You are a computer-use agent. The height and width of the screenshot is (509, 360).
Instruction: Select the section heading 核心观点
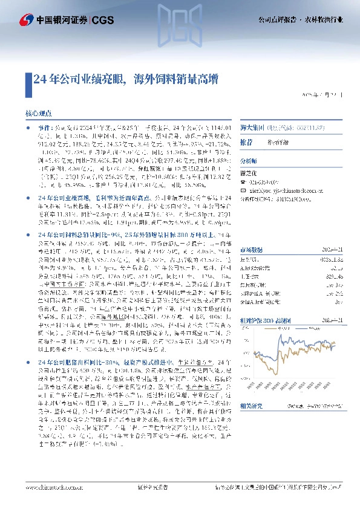click(41, 113)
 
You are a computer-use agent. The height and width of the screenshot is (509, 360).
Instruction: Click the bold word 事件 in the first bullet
click(46, 129)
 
